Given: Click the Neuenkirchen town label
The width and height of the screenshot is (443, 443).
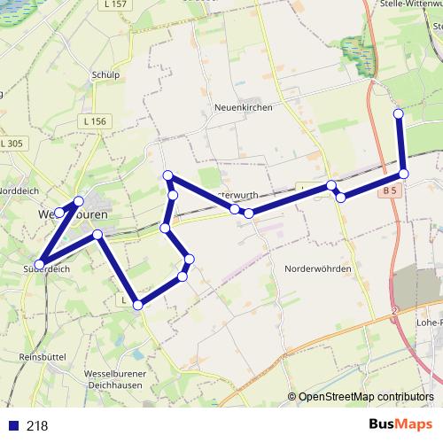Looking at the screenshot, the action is point(243,107).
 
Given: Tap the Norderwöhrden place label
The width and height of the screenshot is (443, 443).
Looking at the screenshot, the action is point(318,268).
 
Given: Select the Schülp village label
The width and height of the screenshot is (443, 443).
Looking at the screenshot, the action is point(105,75).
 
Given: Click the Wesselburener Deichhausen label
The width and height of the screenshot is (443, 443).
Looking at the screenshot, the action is point(114,379).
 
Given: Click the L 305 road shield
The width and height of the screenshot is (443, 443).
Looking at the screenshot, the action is point(12,143).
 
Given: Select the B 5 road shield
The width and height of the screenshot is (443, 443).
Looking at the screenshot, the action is point(392,190).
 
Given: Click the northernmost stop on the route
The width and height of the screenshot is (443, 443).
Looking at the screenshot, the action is point(399,113).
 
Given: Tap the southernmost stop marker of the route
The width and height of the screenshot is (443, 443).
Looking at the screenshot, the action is point(137,305).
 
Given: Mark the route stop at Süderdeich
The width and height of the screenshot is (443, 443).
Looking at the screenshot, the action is point(40,263).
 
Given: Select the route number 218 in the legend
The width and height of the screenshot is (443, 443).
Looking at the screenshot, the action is point(37,425).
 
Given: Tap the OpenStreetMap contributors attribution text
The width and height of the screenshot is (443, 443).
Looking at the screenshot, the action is point(365,397).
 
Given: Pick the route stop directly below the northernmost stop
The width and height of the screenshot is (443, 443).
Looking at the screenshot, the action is point(403,174).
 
